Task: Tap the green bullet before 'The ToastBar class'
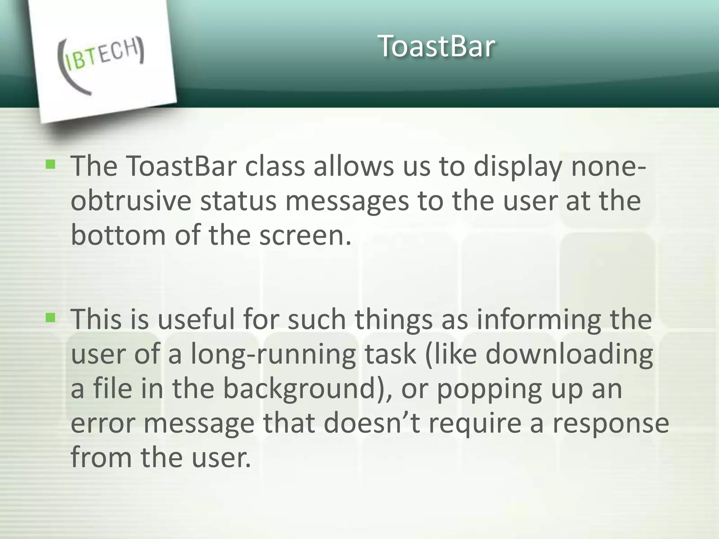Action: coord(51,164)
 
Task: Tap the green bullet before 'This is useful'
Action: coord(51,318)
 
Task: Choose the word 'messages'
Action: coord(347,202)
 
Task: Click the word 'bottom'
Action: coord(118,235)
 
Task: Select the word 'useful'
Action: coord(196,319)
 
